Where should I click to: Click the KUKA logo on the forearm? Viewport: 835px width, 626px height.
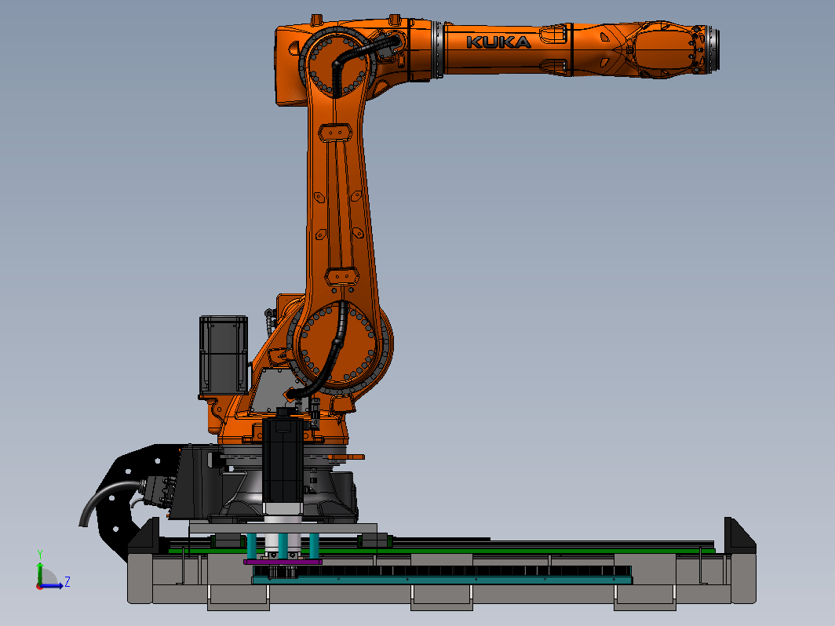tap(498, 42)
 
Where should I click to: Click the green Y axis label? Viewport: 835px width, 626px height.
tap(40, 555)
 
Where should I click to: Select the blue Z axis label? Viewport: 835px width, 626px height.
tap(67, 581)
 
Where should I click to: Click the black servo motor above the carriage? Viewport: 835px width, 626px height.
tap(283, 461)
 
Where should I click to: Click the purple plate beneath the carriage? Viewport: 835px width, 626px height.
tap(283, 562)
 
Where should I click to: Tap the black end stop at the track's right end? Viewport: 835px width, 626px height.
tap(740, 535)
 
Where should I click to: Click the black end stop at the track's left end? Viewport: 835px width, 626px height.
tap(144, 536)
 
